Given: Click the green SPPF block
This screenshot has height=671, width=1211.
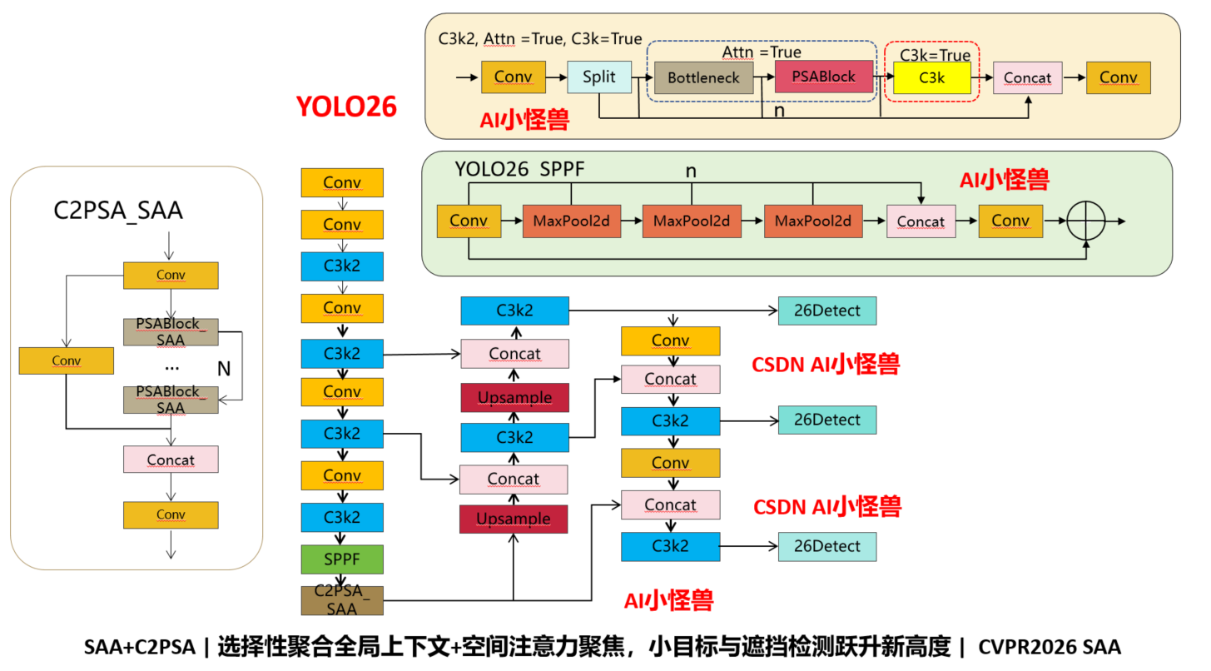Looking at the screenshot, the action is pyautogui.click(x=342, y=559).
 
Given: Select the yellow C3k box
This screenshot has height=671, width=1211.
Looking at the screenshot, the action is pyautogui.click(x=931, y=78).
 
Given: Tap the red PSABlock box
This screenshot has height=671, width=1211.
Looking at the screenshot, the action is pyautogui.click(x=823, y=77).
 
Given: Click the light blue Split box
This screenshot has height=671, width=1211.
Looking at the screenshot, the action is pyautogui.click(x=599, y=77).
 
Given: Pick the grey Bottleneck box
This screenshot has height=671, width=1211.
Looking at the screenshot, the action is pyautogui.click(x=703, y=78).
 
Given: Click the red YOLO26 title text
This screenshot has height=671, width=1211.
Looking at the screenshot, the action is pyautogui.click(x=346, y=107).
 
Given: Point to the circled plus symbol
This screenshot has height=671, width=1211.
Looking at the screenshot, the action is pyautogui.click(x=1085, y=221).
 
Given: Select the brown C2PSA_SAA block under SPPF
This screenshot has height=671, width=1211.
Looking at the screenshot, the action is pyautogui.click(x=342, y=600).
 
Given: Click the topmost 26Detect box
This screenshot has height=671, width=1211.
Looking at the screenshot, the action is pyautogui.click(x=827, y=311).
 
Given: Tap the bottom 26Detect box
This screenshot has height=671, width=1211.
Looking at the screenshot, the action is pyautogui.click(x=827, y=547).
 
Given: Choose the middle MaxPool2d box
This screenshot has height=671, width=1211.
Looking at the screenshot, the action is pyautogui.click(x=692, y=221).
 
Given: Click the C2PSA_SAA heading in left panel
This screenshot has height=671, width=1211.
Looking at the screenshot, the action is pyautogui.click(x=118, y=211).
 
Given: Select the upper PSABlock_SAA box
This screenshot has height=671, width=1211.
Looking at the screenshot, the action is pyautogui.click(x=171, y=332).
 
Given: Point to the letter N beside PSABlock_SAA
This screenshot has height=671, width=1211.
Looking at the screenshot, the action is pyautogui.click(x=224, y=369).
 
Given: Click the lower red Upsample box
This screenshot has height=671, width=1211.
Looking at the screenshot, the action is pyautogui.click(x=514, y=519).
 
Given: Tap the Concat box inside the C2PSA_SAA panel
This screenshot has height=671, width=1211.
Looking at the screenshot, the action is pyautogui.click(x=171, y=460).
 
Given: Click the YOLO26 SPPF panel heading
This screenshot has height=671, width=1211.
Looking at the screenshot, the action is pyautogui.click(x=519, y=169).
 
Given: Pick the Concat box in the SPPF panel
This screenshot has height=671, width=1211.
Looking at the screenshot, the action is pyautogui.click(x=921, y=221).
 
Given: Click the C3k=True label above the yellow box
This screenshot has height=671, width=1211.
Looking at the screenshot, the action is pyautogui.click(x=935, y=55).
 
